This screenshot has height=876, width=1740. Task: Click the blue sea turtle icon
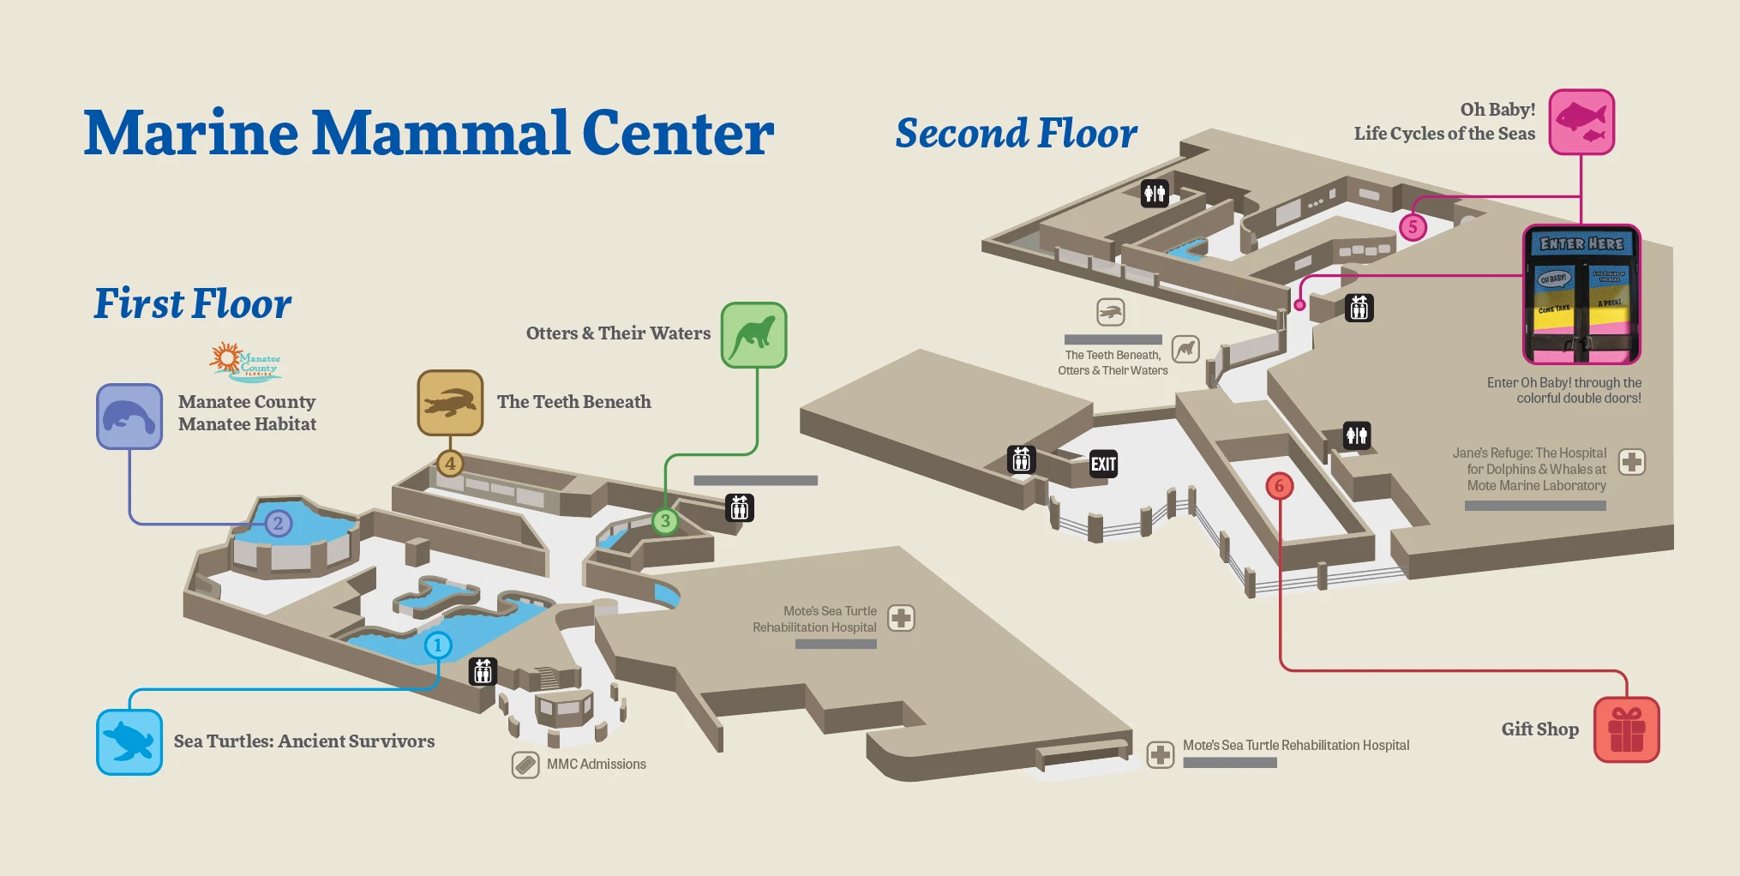[129, 741]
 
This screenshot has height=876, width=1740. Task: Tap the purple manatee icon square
[129, 417]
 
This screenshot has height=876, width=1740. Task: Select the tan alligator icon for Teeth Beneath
[450, 402]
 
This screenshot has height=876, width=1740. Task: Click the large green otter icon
[753, 335]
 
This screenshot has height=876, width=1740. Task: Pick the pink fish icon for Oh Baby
[1581, 122]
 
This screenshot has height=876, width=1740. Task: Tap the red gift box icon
[1626, 729]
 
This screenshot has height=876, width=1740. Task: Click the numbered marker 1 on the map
[438, 645]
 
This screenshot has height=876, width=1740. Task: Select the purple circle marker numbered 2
[278, 523]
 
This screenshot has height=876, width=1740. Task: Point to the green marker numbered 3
[665, 520]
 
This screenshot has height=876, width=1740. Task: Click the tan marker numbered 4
[450, 464]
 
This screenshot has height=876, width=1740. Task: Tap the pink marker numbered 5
[1413, 227]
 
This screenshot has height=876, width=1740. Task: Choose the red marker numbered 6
[1279, 486]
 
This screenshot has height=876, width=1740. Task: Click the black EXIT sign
[1103, 464]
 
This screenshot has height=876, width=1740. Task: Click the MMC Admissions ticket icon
[525, 765]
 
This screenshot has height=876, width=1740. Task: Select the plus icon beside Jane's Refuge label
[1631, 462]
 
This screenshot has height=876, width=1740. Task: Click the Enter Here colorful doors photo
[1581, 294]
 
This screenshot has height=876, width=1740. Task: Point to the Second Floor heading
[1016, 134]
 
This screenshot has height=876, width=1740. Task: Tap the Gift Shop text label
[1539, 729]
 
